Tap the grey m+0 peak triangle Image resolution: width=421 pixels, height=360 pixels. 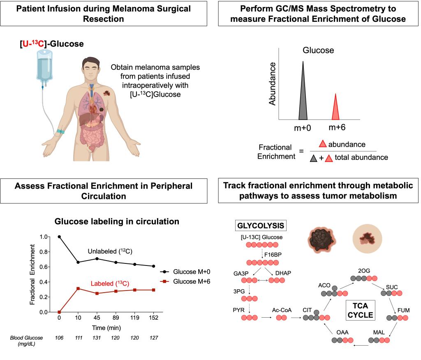[303, 95]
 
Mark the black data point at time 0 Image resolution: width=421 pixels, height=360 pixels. [59, 237]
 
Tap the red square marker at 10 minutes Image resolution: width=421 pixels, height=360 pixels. [78, 288]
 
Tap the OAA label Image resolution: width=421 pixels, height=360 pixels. [342, 331]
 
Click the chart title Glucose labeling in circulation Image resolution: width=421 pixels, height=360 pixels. [117, 222]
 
